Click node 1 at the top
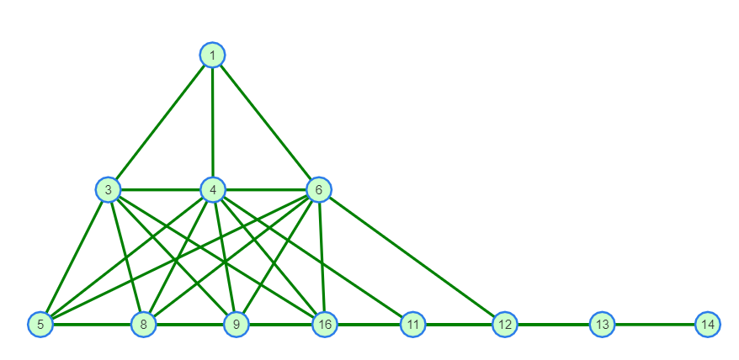tap(212, 56)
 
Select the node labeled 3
tap(108, 190)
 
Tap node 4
tap(213, 190)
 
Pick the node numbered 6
tap(318, 190)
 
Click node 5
tap(40, 324)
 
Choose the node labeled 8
tap(144, 324)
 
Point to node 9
tap(237, 324)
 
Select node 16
tap(325, 324)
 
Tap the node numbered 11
tap(412, 324)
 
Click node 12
tap(504, 324)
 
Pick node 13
tap(601, 324)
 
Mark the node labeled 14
tap(708, 324)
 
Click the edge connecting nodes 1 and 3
tap(160, 123)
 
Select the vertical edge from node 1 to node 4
tap(212, 123)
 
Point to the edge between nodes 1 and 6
tap(265, 123)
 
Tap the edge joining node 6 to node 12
tap(411, 257)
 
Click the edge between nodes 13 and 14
tap(655, 324)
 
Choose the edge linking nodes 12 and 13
tap(552, 324)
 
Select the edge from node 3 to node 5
tap(74, 257)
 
